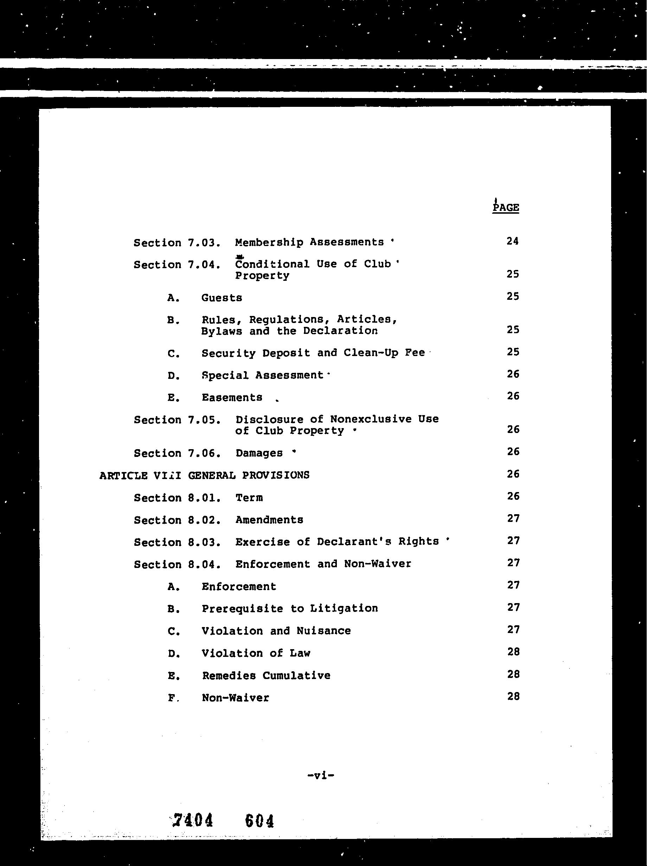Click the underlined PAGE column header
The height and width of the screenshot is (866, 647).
(506, 207)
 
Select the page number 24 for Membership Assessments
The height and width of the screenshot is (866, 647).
(512, 241)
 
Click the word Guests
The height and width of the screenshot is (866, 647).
(222, 298)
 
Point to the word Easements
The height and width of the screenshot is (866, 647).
(232, 398)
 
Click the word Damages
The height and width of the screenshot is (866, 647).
(259, 453)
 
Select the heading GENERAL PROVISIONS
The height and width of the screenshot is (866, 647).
(249, 475)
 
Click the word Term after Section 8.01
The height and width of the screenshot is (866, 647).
(249, 498)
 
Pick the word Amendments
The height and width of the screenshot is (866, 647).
(269, 520)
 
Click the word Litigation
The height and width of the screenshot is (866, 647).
(344, 608)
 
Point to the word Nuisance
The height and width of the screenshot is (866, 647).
(323, 631)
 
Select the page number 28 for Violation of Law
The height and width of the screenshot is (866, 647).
(513, 652)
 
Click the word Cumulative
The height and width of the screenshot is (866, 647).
(296, 676)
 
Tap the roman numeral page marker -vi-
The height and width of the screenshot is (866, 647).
(321, 775)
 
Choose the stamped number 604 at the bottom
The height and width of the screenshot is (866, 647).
(259, 820)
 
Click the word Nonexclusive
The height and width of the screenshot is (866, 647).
(371, 419)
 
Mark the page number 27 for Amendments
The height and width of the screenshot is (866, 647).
(513, 518)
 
